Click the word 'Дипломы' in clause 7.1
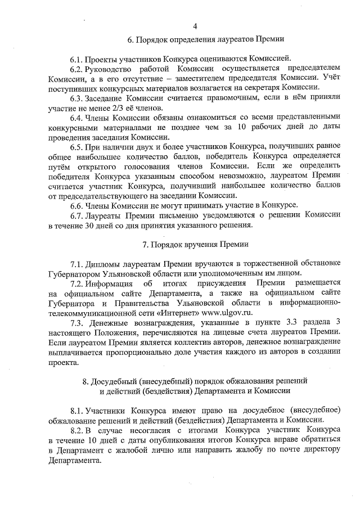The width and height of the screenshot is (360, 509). (105, 264)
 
